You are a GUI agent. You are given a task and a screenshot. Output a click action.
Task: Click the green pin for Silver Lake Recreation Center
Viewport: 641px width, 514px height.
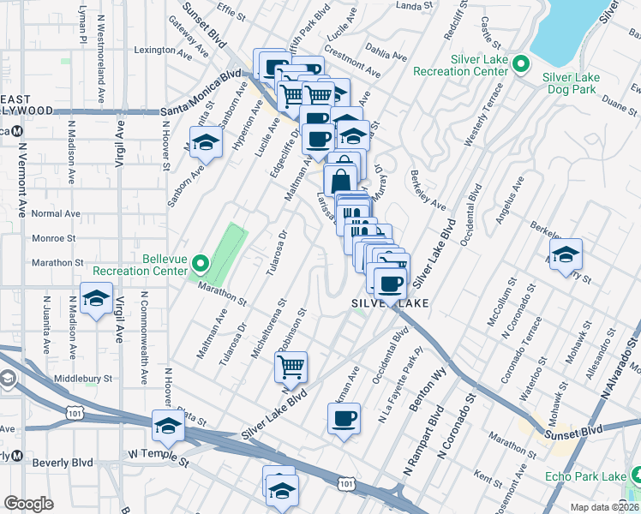pos(519,64)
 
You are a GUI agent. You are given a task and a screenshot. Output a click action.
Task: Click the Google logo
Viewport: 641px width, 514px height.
pos(28,504)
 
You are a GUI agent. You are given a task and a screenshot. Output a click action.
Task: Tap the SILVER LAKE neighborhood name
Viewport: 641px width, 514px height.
pos(388,303)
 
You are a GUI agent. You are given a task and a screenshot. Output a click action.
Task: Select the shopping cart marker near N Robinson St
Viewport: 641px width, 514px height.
pos(291,368)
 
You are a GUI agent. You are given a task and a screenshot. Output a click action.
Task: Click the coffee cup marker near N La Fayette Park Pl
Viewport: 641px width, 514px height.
pos(344,419)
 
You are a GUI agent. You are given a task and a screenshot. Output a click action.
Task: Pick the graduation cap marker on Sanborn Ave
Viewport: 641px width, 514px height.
pos(205,141)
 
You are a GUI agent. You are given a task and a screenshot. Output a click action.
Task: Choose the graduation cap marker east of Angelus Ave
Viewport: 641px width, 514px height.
pos(566,254)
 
